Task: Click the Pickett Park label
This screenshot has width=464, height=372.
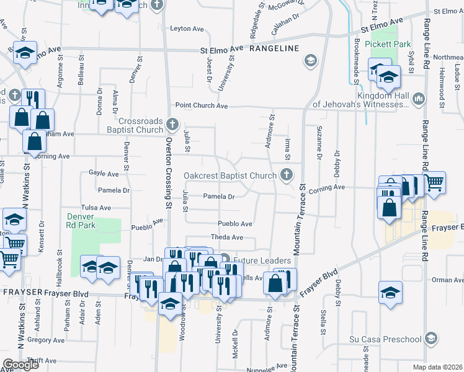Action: click(388, 45)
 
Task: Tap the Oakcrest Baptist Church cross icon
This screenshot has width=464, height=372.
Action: click(286, 175)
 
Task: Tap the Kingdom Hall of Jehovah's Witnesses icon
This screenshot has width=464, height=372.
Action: click(419, 99)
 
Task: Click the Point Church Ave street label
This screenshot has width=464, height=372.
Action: click(201, 106)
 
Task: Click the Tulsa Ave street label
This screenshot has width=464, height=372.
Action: click(96, 208)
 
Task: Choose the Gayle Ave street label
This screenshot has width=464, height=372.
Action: click(104, 174)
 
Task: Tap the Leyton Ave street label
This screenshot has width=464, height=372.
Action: click(187, 29)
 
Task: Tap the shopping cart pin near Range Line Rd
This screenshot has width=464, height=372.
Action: click(434, 182)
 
